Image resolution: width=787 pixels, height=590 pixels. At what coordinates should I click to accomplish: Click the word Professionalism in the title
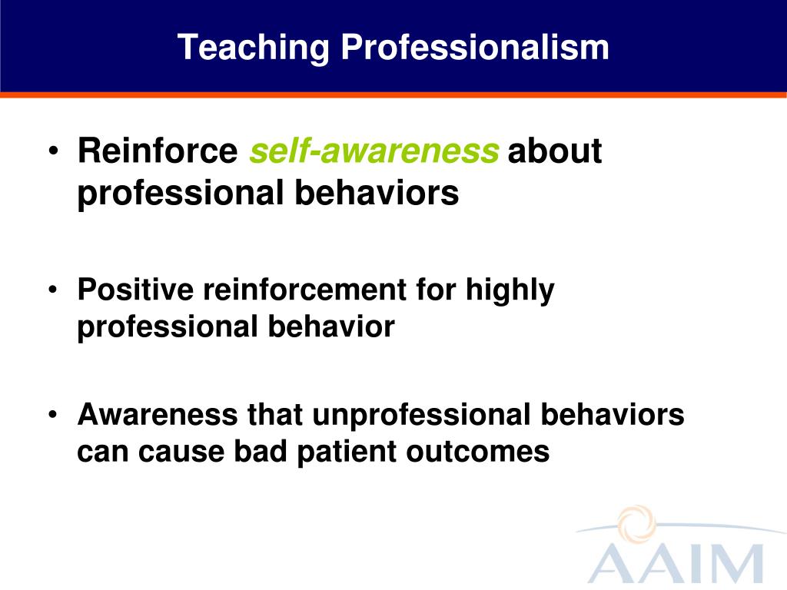475,47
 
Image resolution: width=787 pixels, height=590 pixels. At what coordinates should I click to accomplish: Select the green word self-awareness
374,151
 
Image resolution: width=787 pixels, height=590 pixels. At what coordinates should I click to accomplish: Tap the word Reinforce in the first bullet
158,151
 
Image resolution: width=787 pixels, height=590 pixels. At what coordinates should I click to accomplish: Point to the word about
555,151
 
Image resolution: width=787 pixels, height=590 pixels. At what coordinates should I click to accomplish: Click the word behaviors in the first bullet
377,193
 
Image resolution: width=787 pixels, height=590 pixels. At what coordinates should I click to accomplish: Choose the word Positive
135,290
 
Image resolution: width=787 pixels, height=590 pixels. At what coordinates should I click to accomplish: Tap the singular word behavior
331,326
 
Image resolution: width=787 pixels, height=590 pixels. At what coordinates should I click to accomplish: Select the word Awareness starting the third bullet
158,414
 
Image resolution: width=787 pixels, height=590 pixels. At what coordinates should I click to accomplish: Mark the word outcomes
478,452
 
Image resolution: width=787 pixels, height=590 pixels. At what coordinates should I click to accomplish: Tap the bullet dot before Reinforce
54,151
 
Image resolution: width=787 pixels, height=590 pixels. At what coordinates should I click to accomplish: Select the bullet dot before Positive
53,290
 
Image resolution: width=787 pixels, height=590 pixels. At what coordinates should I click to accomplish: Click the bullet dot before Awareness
53,415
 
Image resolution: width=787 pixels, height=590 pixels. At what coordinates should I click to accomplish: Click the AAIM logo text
676,564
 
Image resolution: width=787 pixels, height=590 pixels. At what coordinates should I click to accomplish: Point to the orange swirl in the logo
637,524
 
